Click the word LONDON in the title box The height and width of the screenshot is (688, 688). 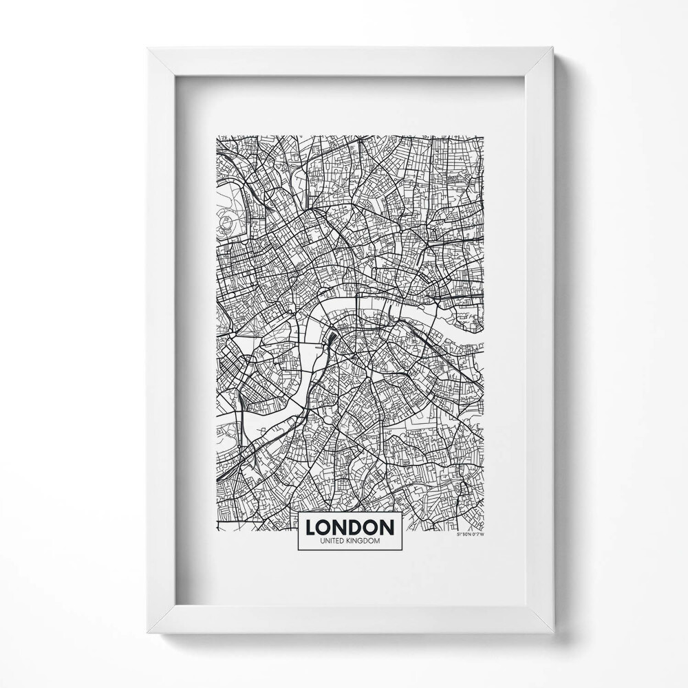[350, 527]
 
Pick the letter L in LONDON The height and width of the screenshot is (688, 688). [310, 527]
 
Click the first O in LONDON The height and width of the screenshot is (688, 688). [325, 527]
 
